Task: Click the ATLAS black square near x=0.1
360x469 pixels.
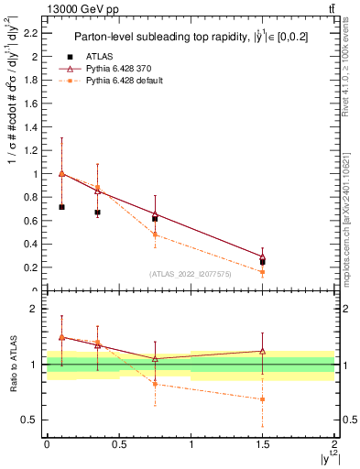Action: (x=61, y=207)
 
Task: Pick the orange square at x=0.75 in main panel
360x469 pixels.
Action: (x=155, y=234)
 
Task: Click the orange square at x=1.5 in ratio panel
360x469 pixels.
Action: (x=263, y=399)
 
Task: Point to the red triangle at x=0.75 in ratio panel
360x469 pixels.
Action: (x=155, y=358)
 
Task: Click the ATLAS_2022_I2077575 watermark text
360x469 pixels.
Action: (x=191, y=274)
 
